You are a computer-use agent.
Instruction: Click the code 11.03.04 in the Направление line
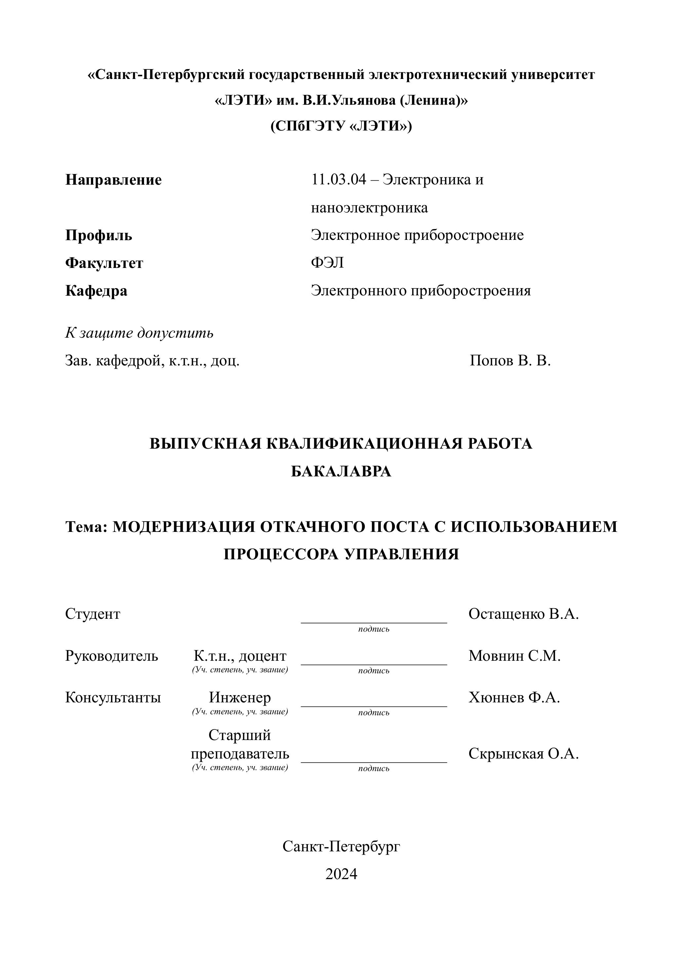[339, 180]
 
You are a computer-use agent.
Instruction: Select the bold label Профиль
[98, 236]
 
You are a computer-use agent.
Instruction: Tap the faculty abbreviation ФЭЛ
[327, 263]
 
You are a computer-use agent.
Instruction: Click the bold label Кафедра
[96, 291]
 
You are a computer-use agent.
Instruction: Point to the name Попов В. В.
[510, 360]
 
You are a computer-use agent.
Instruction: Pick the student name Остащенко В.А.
[523, 614]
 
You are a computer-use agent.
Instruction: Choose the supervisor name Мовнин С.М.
[514, 655]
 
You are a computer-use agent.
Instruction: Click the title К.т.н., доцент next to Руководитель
[240, 655]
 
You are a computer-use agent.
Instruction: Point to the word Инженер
[240, 697]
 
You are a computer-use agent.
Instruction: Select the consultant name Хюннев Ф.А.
[514, 697]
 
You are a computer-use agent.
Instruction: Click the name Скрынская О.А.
[523, 754]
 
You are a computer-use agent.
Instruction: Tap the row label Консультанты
[113, 697]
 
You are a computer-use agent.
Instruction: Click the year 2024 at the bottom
[341, 874]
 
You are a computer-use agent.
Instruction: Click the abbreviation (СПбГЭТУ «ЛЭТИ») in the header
[341, 126]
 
